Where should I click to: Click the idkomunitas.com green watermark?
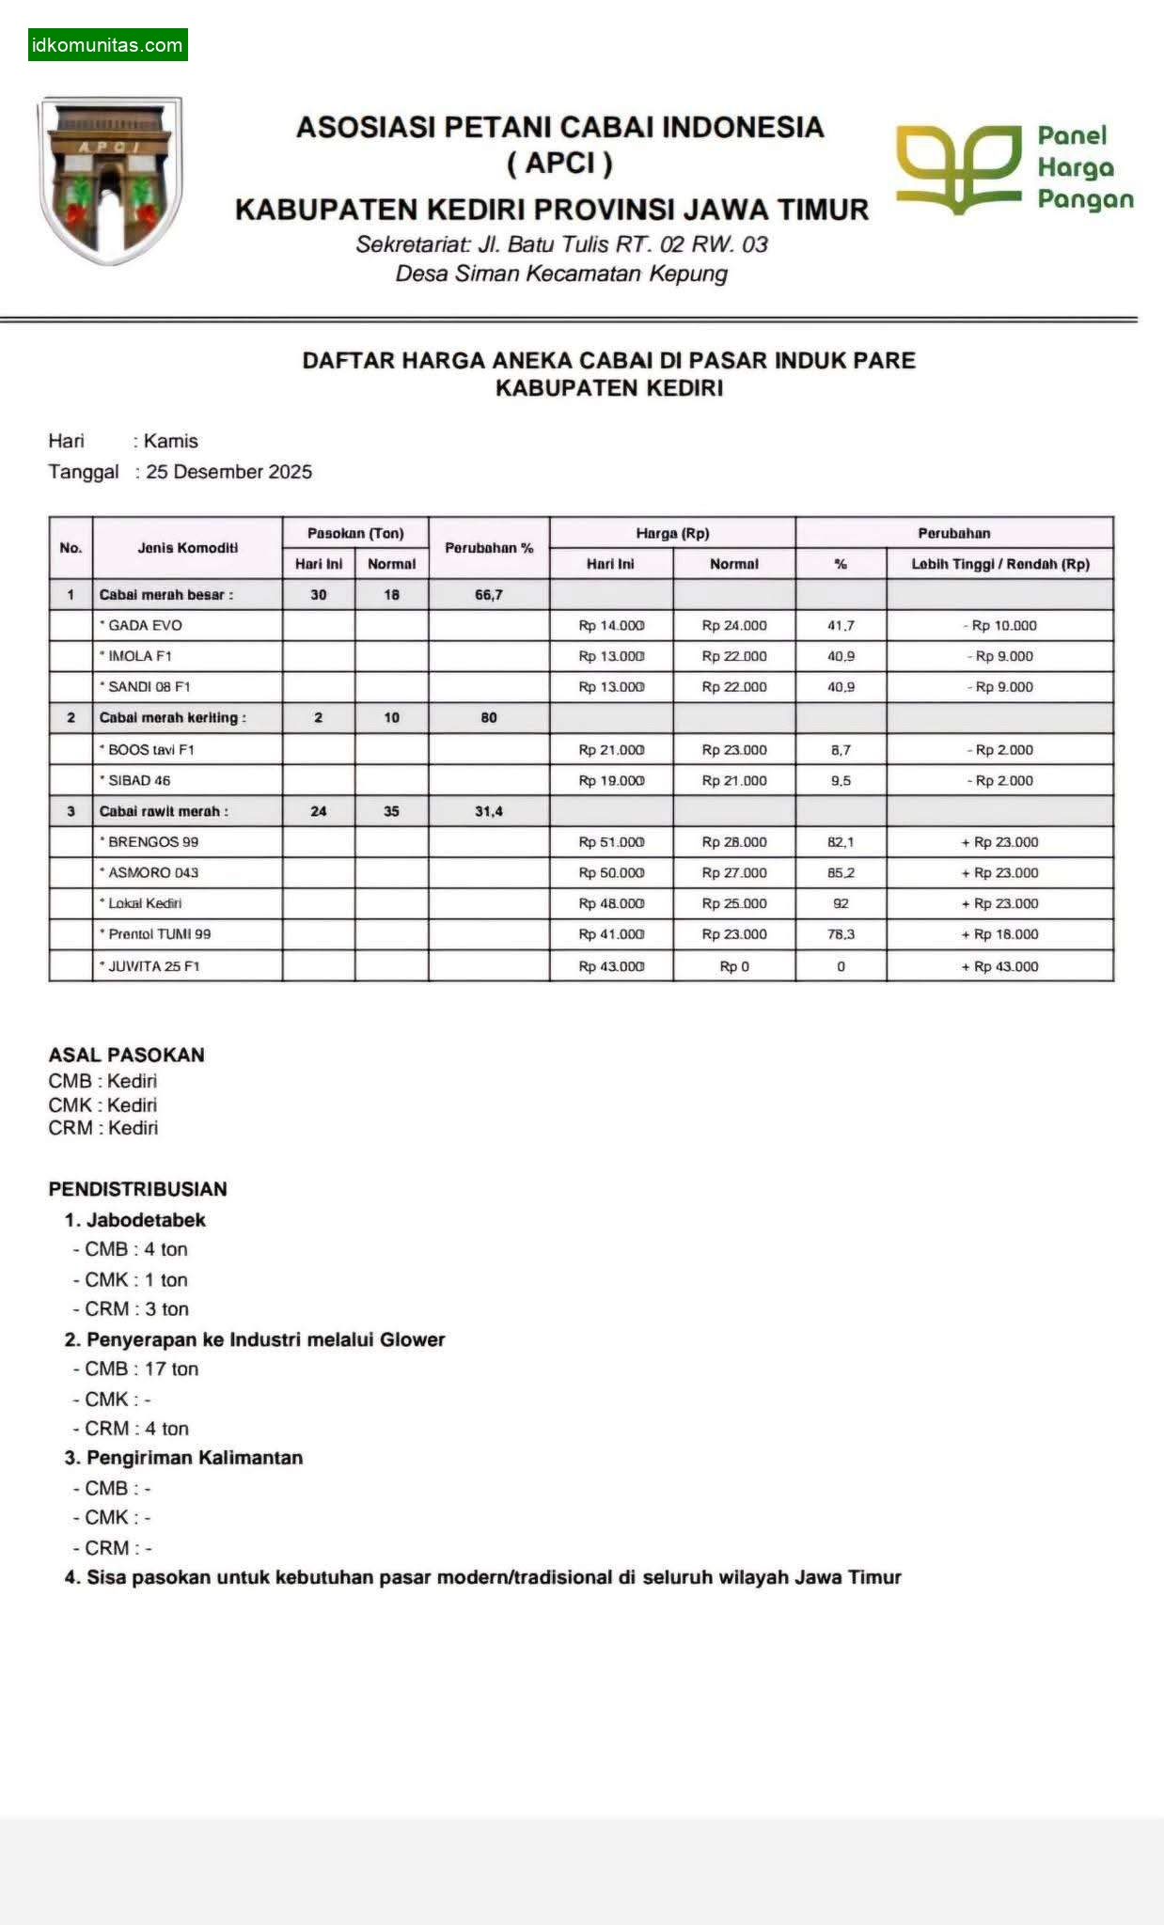107,45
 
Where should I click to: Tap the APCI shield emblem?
110,179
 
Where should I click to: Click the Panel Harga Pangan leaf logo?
958,167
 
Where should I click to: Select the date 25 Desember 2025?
228,472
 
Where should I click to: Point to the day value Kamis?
170,441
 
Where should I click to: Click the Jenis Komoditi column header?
187,548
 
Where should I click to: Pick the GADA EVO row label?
145,625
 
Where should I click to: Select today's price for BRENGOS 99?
611,842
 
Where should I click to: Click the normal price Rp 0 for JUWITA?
734,966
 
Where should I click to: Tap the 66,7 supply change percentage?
489,595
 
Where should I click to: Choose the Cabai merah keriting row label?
172,718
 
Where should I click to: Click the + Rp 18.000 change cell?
999,934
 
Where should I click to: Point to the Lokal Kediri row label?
145,903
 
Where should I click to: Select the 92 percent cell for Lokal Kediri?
841,903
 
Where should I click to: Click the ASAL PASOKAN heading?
126,1055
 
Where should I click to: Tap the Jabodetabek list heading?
145,1220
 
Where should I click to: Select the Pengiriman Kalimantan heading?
194,1458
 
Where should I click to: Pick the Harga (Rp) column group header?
672,533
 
